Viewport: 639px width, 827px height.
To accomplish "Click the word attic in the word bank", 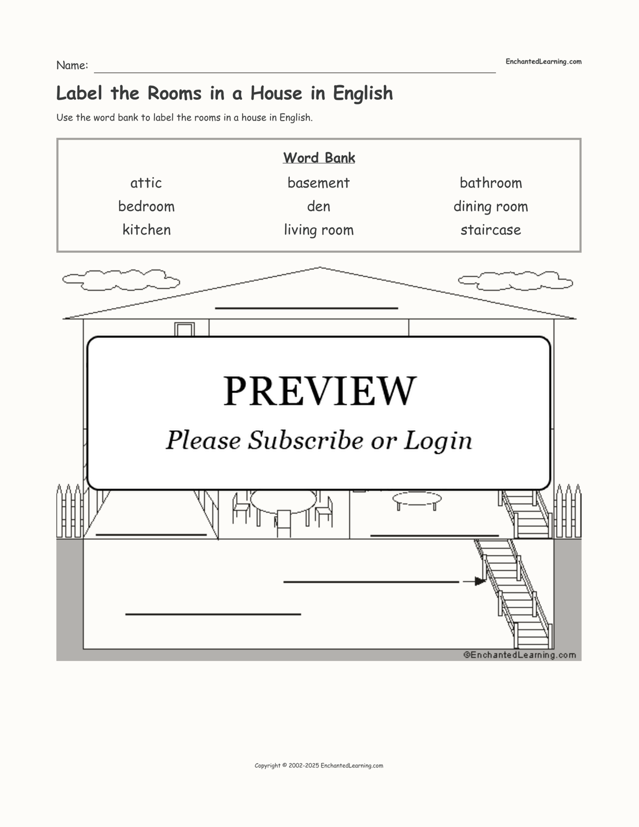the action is tap(146, 183).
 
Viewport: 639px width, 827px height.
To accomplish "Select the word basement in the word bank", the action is tap(318, 183).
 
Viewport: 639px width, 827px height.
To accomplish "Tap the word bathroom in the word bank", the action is tap(491, 183).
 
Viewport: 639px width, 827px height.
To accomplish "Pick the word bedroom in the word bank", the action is tap(146, 206).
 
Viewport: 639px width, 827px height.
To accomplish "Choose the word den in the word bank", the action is tap(318, 206).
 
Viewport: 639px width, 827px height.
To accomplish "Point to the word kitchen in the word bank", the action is tap(147, 230).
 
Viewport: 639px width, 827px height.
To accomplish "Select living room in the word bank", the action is tap(318, 230).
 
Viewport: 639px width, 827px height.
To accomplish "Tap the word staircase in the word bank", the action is tap(491, 230).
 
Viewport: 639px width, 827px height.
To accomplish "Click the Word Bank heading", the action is tap(319, 158).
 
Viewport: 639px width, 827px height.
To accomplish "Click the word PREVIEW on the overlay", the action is tap(319, 391).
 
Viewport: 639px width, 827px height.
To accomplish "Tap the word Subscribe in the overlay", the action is tap(305, 440).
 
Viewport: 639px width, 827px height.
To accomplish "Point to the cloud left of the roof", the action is tap(121, 280).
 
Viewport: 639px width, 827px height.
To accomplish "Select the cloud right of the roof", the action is tap(515, 281).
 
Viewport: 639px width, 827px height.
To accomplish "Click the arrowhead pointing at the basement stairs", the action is tap(480, 582).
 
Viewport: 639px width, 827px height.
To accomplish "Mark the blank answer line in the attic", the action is tap(306, 308).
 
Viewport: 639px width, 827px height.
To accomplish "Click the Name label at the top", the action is tap(73, 65).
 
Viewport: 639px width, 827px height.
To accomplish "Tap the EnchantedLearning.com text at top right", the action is tap(543, 62).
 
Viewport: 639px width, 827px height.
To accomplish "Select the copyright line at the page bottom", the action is tap(319, 765).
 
